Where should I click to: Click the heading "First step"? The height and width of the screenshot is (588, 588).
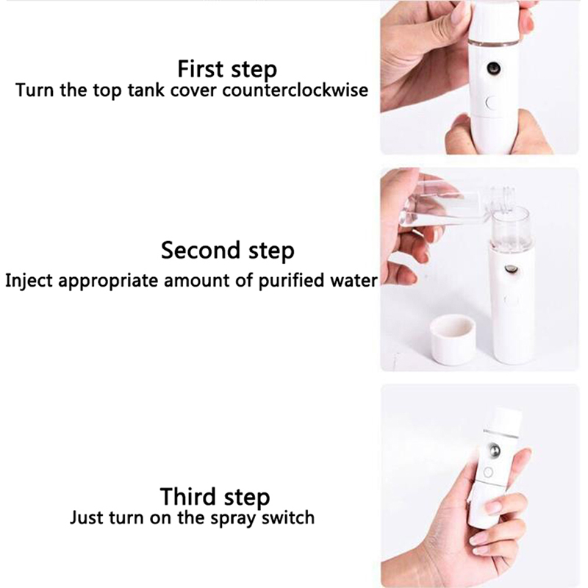[x=227, y=69]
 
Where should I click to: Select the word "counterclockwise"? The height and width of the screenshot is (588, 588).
[x=295, y=90]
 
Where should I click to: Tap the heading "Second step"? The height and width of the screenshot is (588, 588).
[x=228, y=251]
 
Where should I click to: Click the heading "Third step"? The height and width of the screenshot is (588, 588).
[x=215, y=497]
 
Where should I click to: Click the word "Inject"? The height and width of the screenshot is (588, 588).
[x=29, y=281]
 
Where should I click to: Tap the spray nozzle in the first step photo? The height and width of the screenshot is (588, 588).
[x=493, y=68]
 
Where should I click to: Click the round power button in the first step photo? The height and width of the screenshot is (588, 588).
[x=490, y=103]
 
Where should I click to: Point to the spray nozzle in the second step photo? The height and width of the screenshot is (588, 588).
[x=511, y=268]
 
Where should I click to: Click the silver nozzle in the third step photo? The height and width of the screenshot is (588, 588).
[x=494, y=450]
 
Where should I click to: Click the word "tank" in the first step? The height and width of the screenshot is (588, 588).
[x=146, y=90]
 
